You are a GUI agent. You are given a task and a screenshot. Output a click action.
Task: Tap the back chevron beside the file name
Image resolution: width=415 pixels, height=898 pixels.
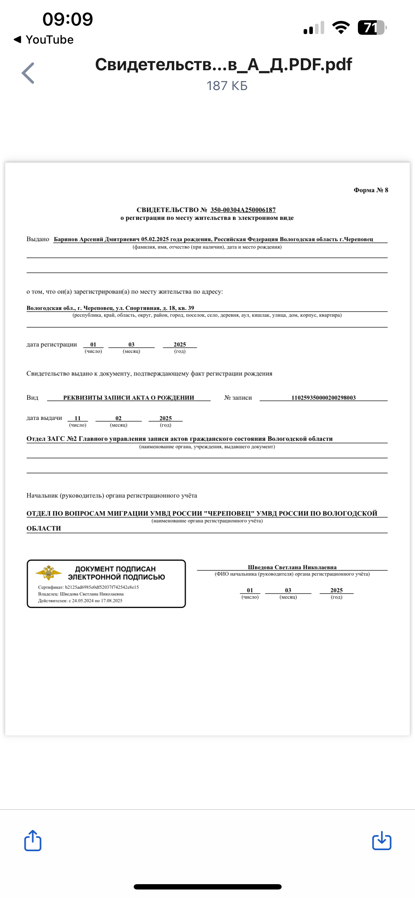[28, 73]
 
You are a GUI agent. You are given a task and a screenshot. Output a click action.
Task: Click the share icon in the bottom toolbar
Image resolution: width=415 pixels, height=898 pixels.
[33, 840]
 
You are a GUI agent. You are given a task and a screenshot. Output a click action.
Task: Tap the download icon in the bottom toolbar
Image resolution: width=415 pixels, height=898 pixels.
[382, 840]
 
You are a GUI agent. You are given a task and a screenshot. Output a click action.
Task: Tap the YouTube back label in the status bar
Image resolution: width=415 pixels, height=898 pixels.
[44, 40]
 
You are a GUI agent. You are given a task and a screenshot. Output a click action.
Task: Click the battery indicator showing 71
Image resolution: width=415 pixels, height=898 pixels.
[371, 28]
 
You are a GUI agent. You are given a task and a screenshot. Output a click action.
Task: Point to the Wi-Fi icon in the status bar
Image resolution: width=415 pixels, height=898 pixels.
[341, 28]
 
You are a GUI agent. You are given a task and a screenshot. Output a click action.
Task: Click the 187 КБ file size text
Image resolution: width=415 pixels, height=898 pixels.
[227, 86]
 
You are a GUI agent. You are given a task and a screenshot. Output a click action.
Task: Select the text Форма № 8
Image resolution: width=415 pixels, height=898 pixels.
[371, 190]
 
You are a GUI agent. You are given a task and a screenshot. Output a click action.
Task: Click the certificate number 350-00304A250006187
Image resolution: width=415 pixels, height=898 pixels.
[243, 210]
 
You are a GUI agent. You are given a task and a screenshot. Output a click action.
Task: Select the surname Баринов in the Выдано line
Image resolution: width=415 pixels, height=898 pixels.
[66, 239]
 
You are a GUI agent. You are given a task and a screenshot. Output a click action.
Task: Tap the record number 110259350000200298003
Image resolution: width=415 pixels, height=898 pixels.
[323, 398]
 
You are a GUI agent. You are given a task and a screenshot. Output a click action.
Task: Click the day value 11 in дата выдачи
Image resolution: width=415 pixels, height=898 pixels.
[78, 418]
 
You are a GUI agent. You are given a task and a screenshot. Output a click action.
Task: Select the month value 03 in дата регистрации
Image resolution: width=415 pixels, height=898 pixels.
[132, 344]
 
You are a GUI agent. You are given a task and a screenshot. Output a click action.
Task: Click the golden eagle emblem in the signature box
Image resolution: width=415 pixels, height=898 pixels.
[49, 572]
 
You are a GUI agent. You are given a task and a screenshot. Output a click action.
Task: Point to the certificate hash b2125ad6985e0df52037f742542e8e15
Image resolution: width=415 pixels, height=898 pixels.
[102, 587]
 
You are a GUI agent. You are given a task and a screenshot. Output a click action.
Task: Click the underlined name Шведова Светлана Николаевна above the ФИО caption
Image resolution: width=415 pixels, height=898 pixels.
[292, 567]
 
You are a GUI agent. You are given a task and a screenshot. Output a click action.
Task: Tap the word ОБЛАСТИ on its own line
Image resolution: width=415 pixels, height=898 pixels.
[44, 528]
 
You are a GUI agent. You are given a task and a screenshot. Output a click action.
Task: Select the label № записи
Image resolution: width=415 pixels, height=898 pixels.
[238, 398]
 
